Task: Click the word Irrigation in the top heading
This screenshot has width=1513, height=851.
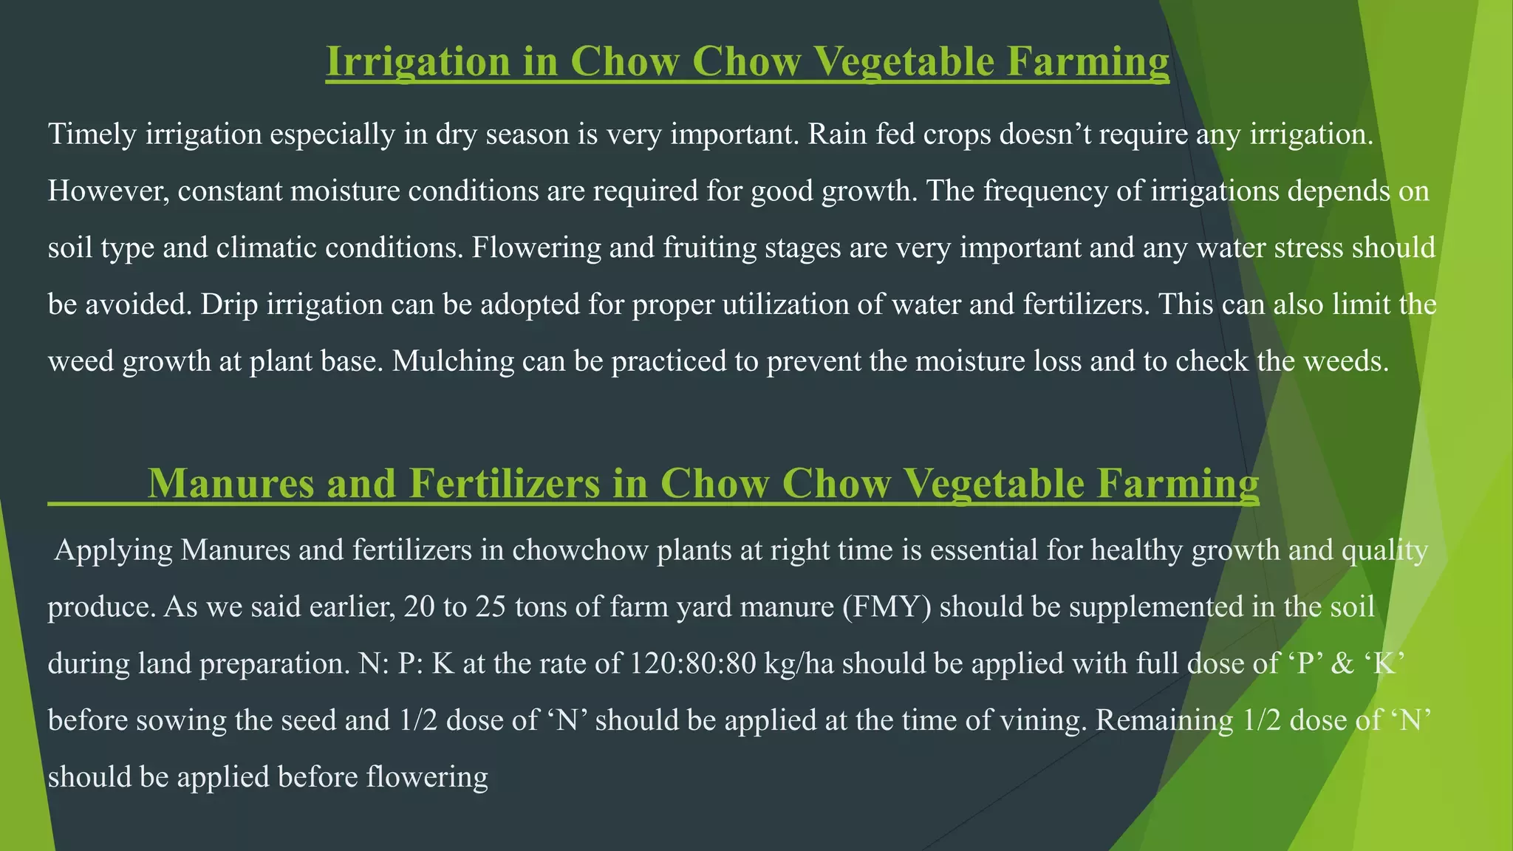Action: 418,62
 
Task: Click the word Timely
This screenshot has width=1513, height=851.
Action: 92,135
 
